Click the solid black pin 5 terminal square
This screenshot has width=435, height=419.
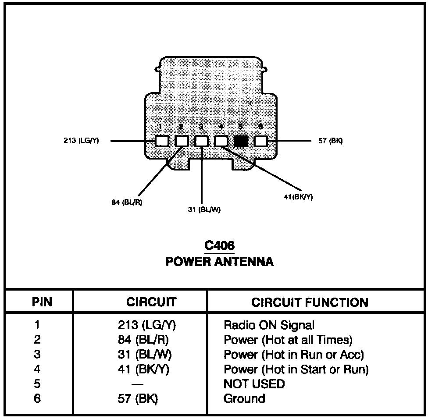click(x=241, y=141)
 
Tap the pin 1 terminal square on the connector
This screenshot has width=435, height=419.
click(x=162, y=141)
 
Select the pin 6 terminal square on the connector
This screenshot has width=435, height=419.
click(x=261, y=141)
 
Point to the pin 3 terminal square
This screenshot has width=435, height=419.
click(x=201, y=141)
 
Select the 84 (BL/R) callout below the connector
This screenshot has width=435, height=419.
click(x=127, y=202)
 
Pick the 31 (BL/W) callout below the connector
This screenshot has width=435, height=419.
click(x=204, y=209)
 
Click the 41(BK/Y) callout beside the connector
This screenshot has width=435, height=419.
click(x=298, y=197)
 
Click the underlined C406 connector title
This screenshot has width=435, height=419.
click(x=219, y=246)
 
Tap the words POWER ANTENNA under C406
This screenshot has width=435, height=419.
click(x=219, y=262)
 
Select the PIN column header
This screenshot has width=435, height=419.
click(x=42, y=302)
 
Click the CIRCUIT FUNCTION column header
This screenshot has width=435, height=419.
click(x=310, y=302)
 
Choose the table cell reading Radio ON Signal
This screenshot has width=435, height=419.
click(x=269, y=325)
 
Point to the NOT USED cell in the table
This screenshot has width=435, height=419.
click(x=254, y=384)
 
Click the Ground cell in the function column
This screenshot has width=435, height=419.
click(x=244, y=399)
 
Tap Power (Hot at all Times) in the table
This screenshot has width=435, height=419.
click(x=288, y=340)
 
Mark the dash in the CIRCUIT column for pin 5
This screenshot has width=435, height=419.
click(x=137, y=384)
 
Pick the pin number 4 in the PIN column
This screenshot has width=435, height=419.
click(x=37, y=369)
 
